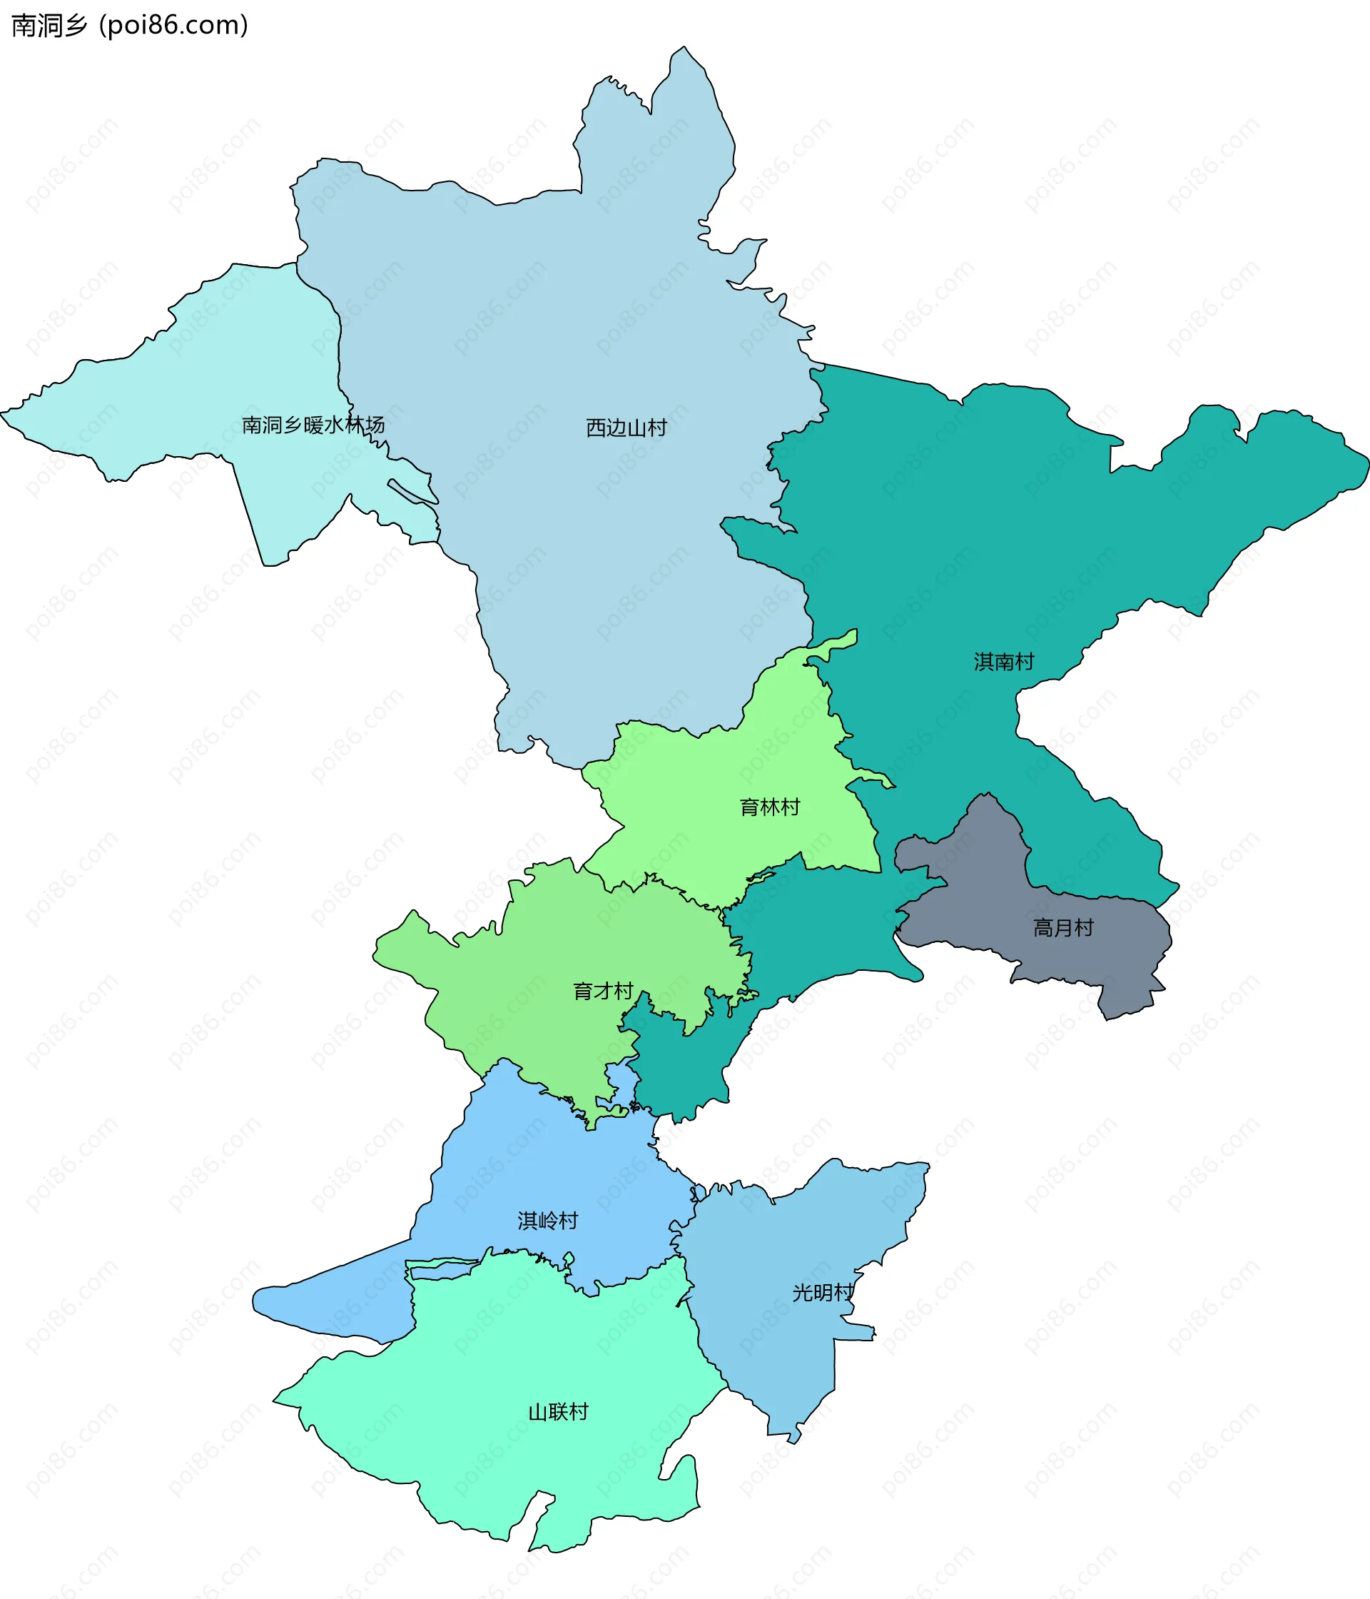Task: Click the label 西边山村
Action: pyautogui.click(x=626, y=428)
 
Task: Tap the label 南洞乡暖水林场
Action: pyautogui.click(x=313, y=425)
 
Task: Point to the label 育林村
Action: pyautogui.click(x=769, y=807)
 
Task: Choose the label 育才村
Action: pyautogui.click(x=602, y=991)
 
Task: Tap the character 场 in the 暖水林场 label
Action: pyautogui.click(x=375, y=425)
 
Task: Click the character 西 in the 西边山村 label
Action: pyautogui.click(x=596, y=428)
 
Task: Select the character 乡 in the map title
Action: pyautogui.click(x=76, y=26)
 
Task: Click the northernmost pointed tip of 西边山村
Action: pyautogui.click(x=684, y=47)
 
